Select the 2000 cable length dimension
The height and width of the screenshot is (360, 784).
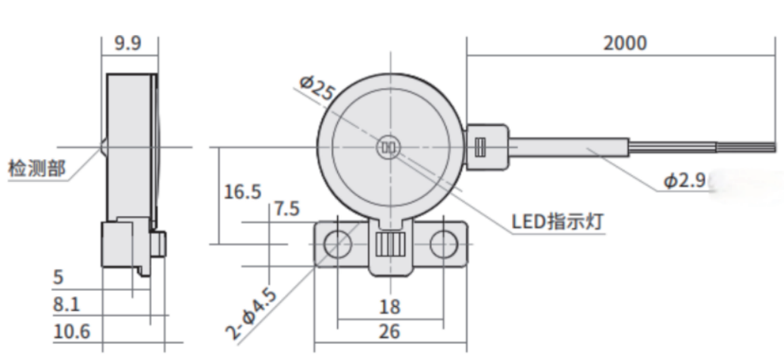pos(625,43)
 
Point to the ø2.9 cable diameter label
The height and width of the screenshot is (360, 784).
pos(686,181)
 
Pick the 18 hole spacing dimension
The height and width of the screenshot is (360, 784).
pos(389,308)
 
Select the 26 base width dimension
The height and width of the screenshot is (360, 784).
pos(389,331)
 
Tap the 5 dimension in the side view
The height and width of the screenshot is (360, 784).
pos(58,278)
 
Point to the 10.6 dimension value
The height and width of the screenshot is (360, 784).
pos(71,331)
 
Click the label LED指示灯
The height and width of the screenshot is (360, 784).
pos(560,221)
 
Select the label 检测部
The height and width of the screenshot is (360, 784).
pos(36,167)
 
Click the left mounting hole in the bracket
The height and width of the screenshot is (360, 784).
pos(337,244)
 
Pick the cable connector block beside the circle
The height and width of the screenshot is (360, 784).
pos(487,146)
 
